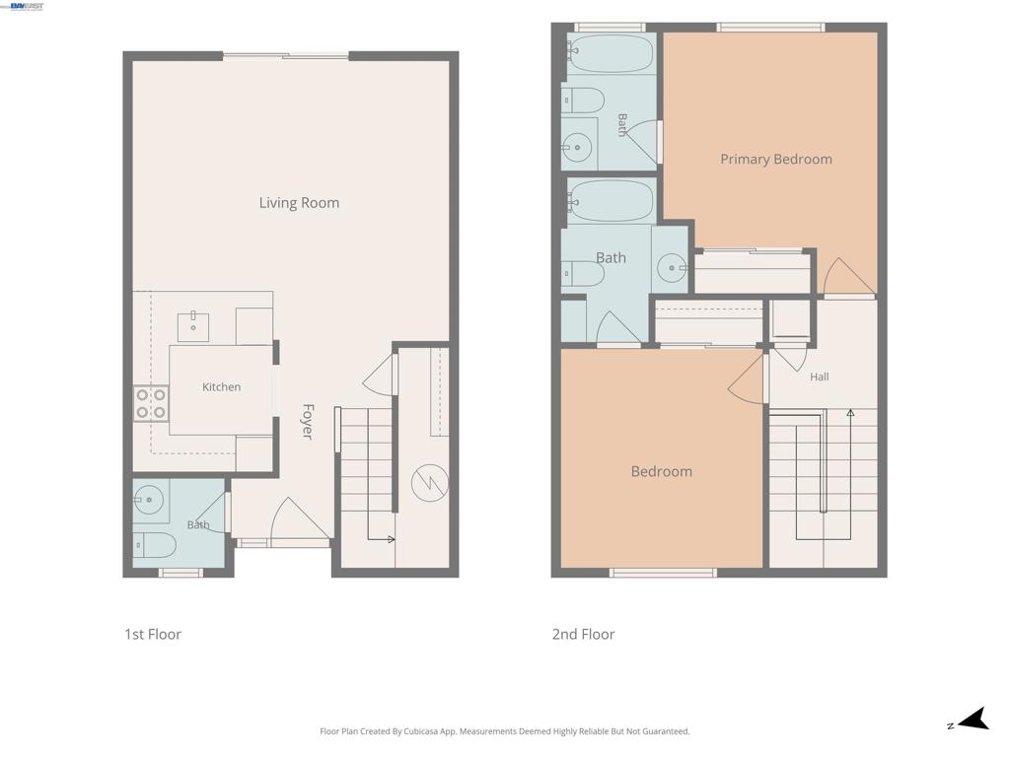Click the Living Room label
299,203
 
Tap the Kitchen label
222,386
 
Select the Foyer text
308,422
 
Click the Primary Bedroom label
776,159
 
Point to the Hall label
820,377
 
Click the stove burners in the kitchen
151,403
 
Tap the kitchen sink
193,326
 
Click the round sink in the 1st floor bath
150,499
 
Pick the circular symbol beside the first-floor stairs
430,483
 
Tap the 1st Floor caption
153,634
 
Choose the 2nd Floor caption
584,634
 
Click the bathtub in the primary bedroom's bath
611,53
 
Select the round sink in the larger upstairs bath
672,267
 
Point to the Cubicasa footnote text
505,731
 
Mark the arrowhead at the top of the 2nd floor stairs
850,413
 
